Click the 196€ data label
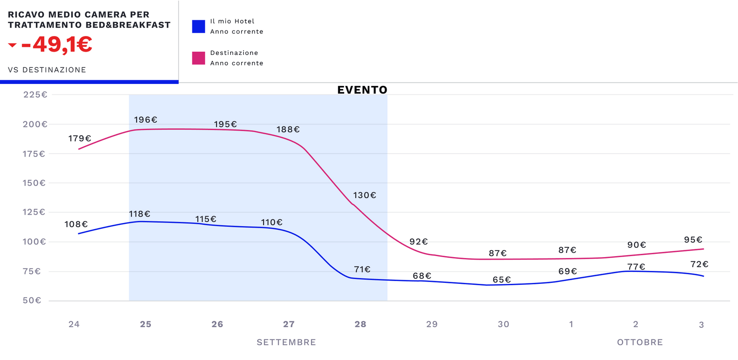(x=145, y=120)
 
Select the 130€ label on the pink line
(x=364, y=196)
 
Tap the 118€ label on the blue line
(x=139, y=214)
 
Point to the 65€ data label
(x=501, y=280)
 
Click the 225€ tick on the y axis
(x=35, y=95)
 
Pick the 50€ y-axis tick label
(x=32, y=300)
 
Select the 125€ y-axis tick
(x=34, y=212)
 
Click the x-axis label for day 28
(x=360, y=324)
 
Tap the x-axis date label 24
(x=74, y=324)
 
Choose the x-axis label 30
(x=503, y=324)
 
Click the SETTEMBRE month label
(x=286, y=342)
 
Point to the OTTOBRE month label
(x=640, y=342)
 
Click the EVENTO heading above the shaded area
(x=362, y=90)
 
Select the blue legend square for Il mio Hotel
(x=198, y=26)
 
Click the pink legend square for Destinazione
(x=198, y=58)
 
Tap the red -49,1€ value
(x=57, y=45)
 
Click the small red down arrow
(x=12, y=45)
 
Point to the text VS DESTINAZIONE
(x=47, y=70)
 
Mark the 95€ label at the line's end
(x=693, y=240)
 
